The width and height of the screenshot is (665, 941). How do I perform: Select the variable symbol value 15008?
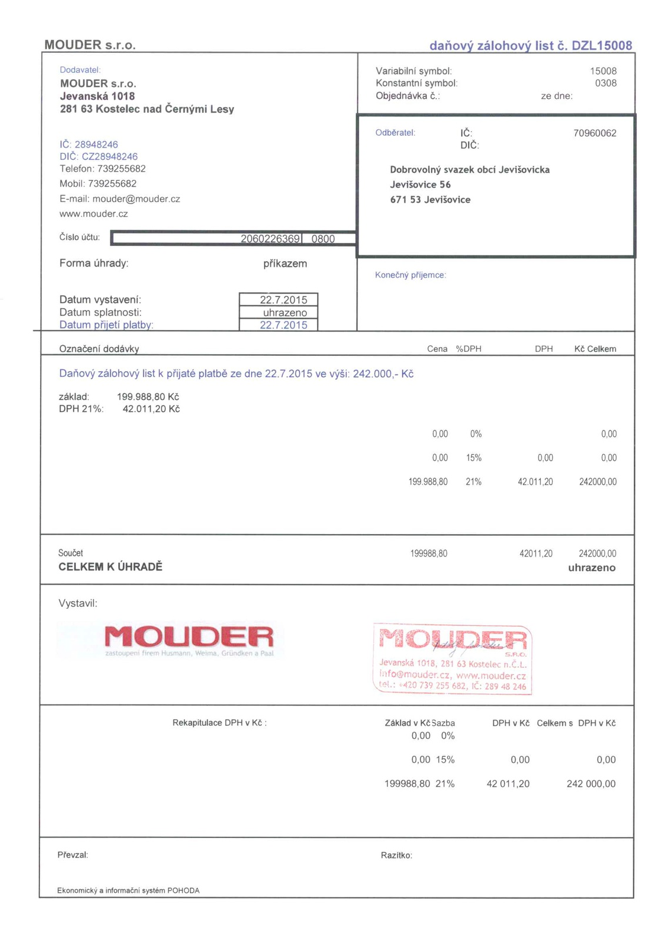tap(603, 71)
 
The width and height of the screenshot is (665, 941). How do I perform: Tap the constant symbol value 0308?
tap(606, 84)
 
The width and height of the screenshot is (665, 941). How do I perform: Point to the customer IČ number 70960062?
tap(594, 134)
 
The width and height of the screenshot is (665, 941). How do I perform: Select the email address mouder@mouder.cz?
tap(136, 199)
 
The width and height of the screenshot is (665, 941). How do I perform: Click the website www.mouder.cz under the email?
tap(93, 214)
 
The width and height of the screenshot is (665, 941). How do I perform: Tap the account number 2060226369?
tap(270, 239)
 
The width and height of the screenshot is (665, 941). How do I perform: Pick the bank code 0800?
tap(323, 239)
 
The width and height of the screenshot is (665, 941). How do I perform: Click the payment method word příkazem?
tap(285, 264)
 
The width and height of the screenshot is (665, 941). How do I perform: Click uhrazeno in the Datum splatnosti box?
tap(285, 313)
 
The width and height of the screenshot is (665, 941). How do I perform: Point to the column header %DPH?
tap(469, 349)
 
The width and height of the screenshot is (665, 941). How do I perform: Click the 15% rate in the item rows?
tap(474, 458)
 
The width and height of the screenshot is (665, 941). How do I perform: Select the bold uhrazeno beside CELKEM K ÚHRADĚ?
tap(592, 568)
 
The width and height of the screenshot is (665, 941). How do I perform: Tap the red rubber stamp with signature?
tap(453, 659)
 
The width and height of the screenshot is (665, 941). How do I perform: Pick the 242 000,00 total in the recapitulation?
tap(591, 784)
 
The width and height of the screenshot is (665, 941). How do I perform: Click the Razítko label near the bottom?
tap(396, 856)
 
